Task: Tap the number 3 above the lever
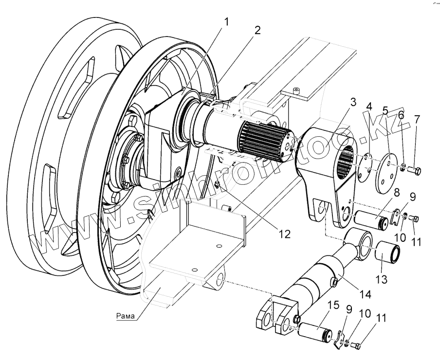click(x=353, y=103)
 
